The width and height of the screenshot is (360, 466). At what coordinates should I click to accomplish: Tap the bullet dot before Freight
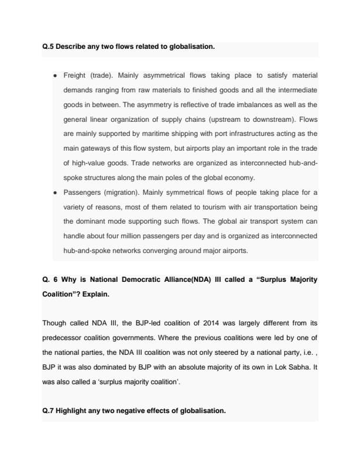click(54, 76)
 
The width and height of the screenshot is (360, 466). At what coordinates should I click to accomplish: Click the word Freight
click(75, 76)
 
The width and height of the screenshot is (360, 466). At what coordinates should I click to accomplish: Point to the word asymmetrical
click(163, 76)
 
